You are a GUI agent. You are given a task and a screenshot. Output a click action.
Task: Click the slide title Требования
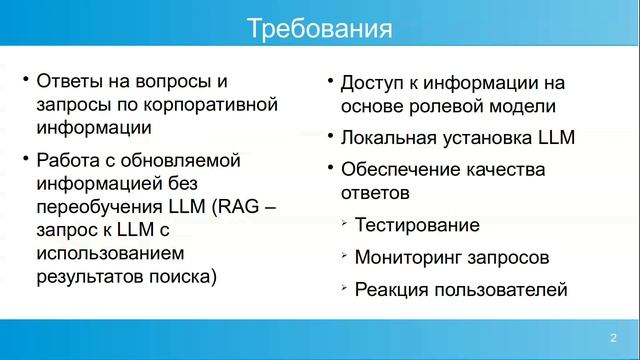[319, 27]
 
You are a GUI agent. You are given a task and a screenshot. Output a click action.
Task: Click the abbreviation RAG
[239, 207]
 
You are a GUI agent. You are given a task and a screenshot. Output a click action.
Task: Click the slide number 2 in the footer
[613, 337]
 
